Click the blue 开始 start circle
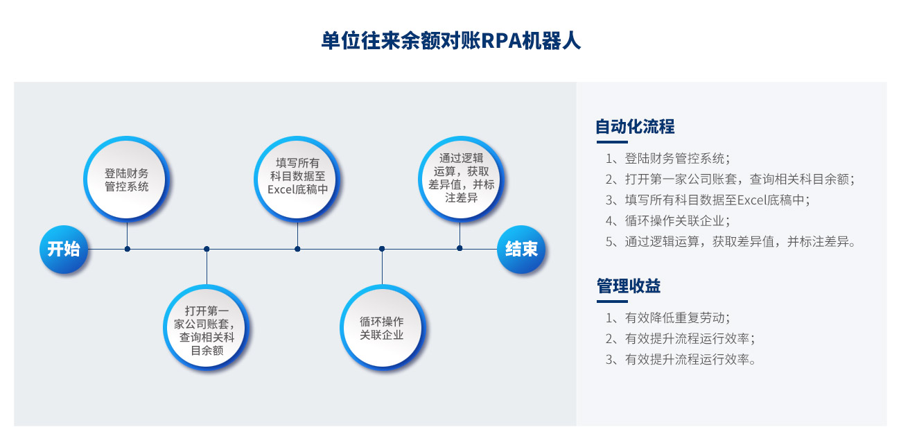click(x=64, y=249)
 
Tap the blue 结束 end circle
click(x=521, y=249)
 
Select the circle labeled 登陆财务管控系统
click(x=126, y=179)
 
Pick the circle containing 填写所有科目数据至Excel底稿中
click(x=297, y=179)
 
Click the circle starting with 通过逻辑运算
click(x=461, y=179)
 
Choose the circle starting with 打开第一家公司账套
click(x=207, y=328)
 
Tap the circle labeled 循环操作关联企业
click(x=382, y=328)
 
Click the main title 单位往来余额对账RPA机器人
click(x=450, y=41)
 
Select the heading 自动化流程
click(x=635, y=126)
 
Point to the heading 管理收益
click(x=629, y=286)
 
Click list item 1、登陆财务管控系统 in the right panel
click(x=667, y=159)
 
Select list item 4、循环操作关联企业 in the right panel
click(x=667, y=220)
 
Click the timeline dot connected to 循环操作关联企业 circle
click(x=382, y=249)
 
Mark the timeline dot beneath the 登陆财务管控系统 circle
click(x=127, y=249)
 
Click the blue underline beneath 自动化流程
click(x=612, y=141)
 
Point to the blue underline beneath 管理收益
click(x=612, y=301)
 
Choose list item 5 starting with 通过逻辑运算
click(x=731, y=241)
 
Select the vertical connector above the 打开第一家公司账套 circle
click(x=207, y=267)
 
